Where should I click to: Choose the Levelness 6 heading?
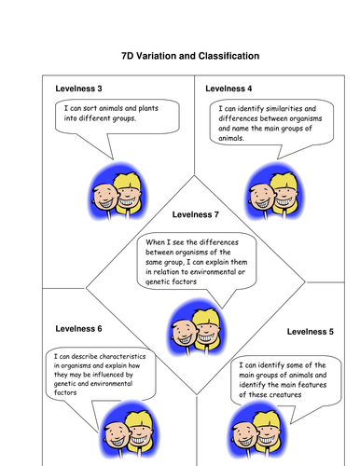pos(77,329)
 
